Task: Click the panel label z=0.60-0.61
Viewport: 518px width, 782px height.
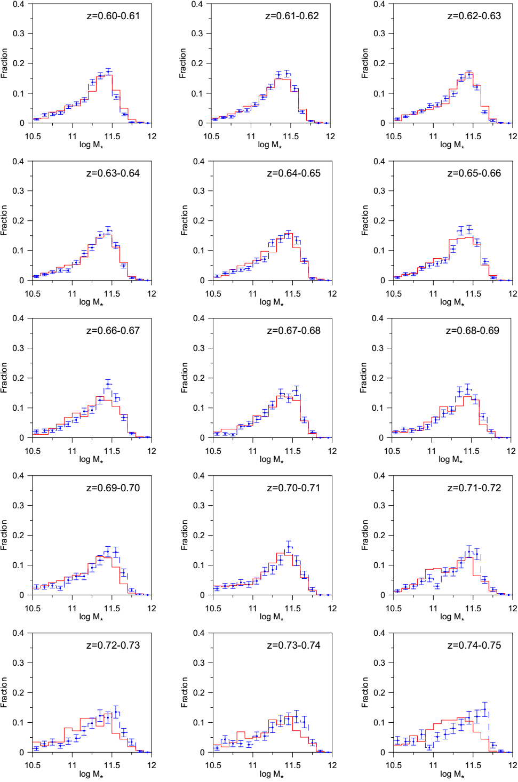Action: tap(113, 16)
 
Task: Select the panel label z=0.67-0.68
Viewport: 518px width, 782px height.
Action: tap(293, 331)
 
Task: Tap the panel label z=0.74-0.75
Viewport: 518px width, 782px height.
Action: tap(474, 645)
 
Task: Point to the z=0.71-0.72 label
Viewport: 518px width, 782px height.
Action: tap(474, 488)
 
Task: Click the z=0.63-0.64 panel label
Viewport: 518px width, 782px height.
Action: tap(113, 173)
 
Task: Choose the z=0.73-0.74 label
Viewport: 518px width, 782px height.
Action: tap(293, 645)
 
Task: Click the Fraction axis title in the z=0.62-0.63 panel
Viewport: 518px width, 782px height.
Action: tap(365, 63)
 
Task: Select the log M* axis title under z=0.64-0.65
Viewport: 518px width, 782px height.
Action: tap(271, 302)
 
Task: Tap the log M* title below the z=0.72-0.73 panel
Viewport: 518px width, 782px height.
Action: tap(91, 775)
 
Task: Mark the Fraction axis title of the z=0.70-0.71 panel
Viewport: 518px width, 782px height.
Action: tap(185, 535)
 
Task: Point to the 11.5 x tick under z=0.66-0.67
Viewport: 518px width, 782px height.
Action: tap(112, 451)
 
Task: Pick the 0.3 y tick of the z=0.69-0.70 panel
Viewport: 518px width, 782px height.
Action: tap(19, 506)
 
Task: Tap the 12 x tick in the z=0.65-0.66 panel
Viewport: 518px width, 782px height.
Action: tap(513, 294)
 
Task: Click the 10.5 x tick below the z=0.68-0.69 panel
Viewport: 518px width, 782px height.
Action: tap(392, 451)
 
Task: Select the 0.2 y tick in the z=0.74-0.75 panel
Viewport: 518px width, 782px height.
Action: tap(379, 693)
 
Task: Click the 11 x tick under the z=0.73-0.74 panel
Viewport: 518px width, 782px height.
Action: tap(253, 765)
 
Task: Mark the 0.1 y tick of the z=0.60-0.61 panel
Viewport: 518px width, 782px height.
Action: tap(19, 94)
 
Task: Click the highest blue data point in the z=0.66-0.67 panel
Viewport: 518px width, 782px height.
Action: tap(108, 384)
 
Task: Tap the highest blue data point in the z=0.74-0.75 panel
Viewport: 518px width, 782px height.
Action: tap(485, 709)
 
